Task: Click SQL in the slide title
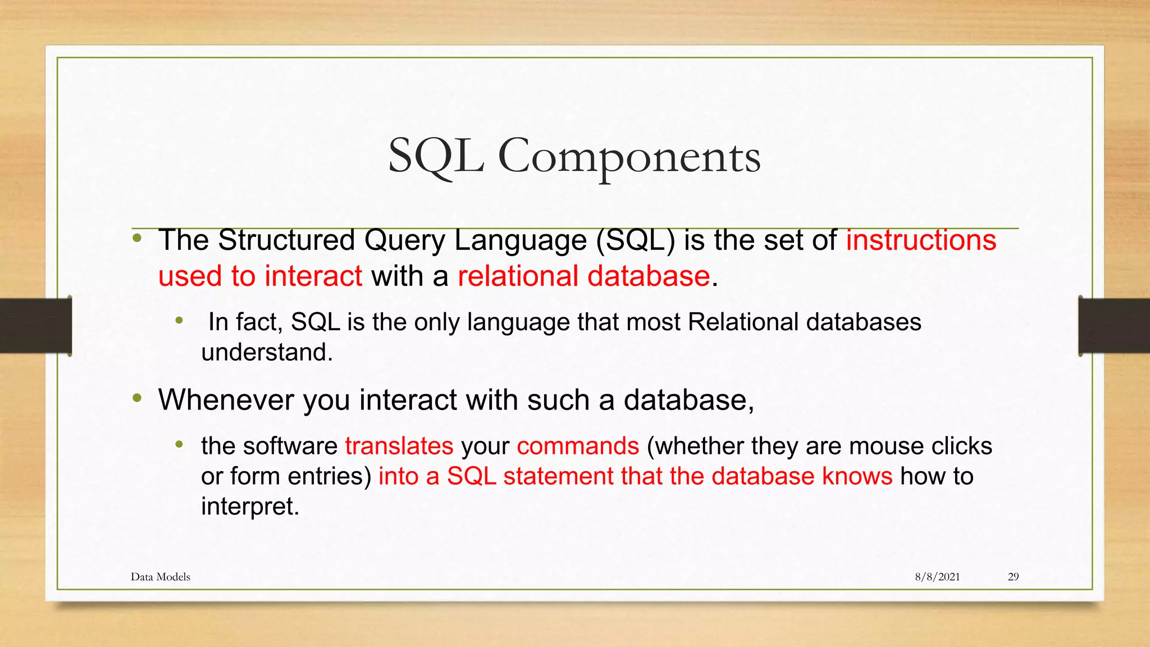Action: coord(436,157)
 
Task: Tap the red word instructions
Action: coord(921,240)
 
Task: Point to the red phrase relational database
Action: coord(584,276)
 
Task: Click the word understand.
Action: coord(267,353)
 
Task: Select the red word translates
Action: coord(399,446)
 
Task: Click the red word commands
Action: coord(578,446)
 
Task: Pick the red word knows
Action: coord(857,476)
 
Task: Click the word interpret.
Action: coord(250,507)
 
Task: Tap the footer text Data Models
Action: coord(161,577)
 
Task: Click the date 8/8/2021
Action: coord(937,577)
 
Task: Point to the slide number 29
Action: coord(1013,577)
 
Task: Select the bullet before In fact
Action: coord(179,321)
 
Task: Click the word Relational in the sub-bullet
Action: coord(743,322)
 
